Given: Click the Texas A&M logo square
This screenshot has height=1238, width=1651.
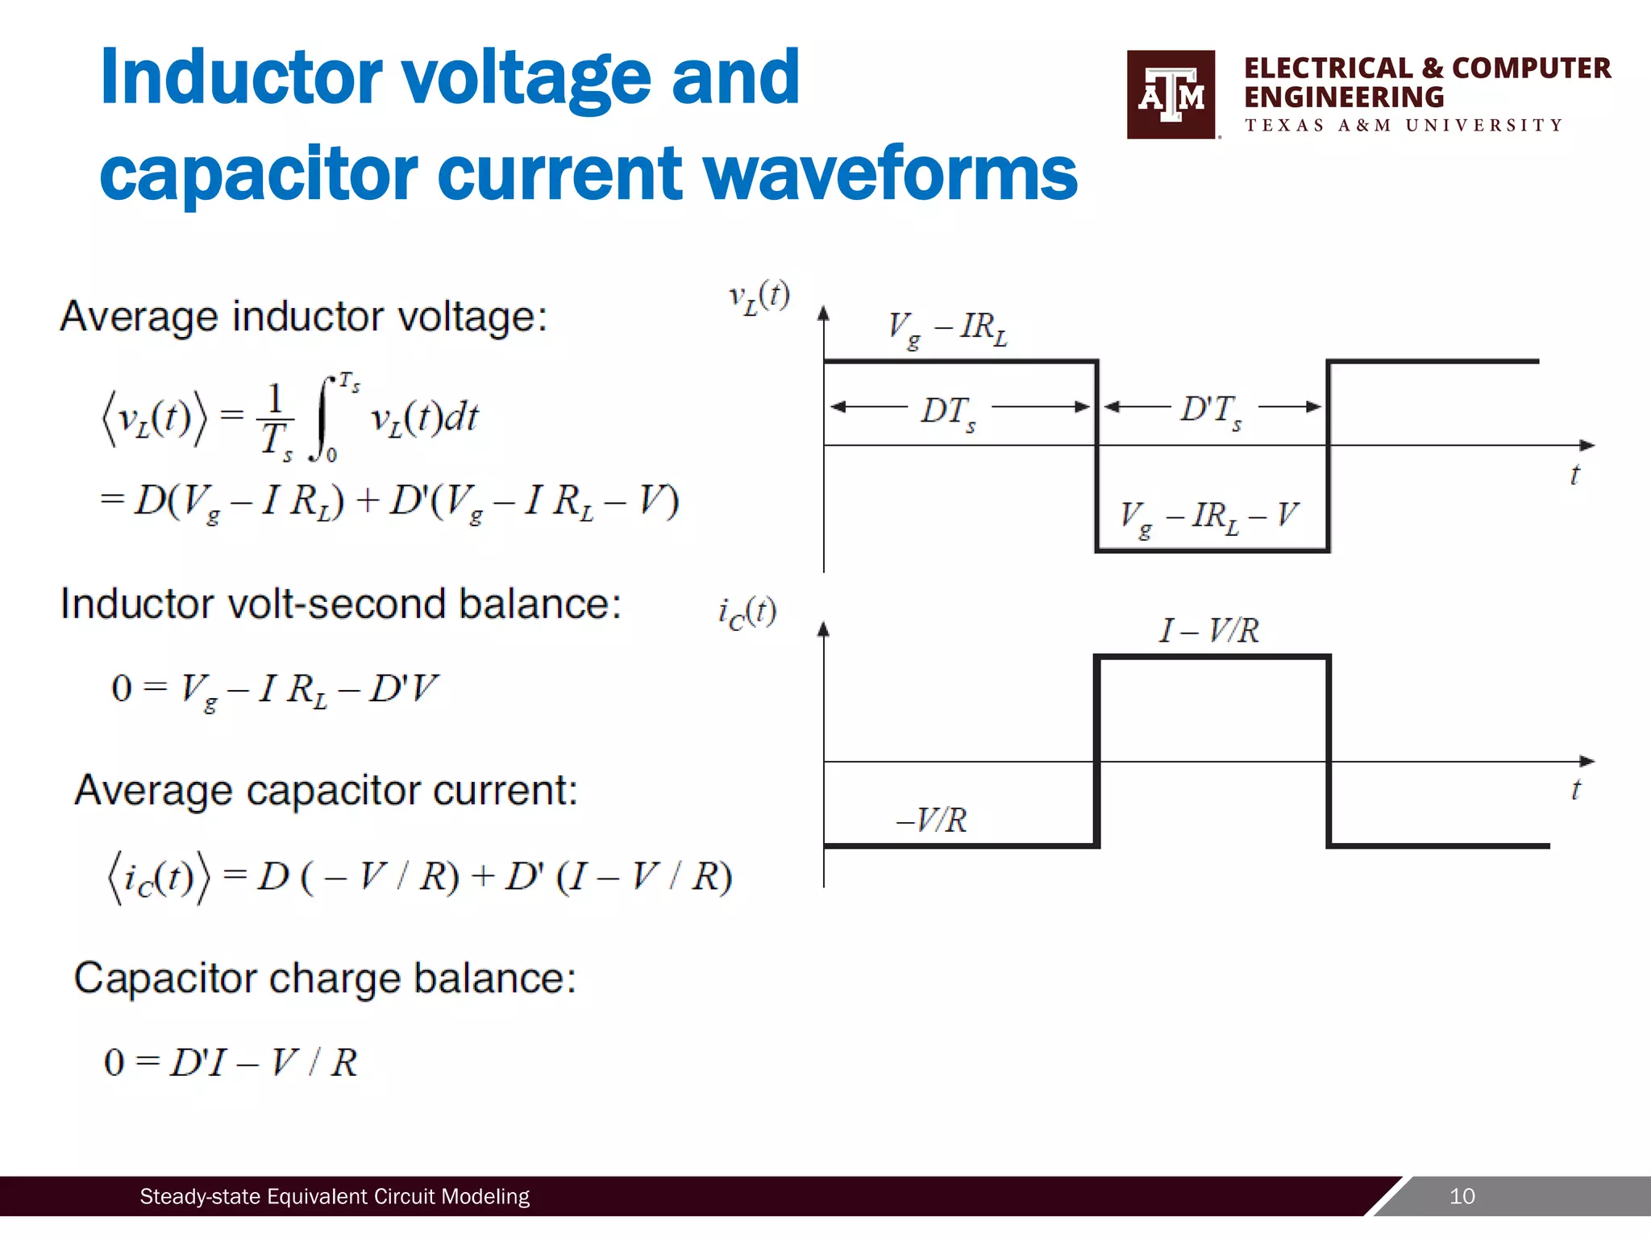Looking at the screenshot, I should point(1171,95).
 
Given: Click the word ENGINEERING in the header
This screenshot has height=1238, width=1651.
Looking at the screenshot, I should point(1343,98).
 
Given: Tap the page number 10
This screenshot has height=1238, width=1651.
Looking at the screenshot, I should point(1462,1196).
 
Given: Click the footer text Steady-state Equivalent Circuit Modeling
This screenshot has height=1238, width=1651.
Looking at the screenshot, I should point(335,1196).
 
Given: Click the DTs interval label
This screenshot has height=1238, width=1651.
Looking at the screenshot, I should point(948,412).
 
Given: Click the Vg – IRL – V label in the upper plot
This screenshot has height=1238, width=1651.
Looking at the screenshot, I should point(1209,517).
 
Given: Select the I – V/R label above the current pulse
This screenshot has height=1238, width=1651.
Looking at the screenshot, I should point(1208,630).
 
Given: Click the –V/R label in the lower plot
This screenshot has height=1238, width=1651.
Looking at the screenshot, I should point(932,820).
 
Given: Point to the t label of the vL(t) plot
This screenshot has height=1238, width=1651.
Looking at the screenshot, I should point(1574,475).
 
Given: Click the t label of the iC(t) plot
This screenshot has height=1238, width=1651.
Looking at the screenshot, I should point(1575,789).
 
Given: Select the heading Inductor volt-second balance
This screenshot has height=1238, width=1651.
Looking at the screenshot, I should point(341,604).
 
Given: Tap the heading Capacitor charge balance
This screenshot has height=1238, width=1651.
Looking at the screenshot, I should point(325,978).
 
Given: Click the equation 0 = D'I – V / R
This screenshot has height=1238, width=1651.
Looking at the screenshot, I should point(231,1062).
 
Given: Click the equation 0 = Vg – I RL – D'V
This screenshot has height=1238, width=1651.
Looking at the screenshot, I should point(274,690).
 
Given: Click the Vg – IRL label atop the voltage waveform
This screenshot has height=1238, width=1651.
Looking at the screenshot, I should point(947,328).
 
